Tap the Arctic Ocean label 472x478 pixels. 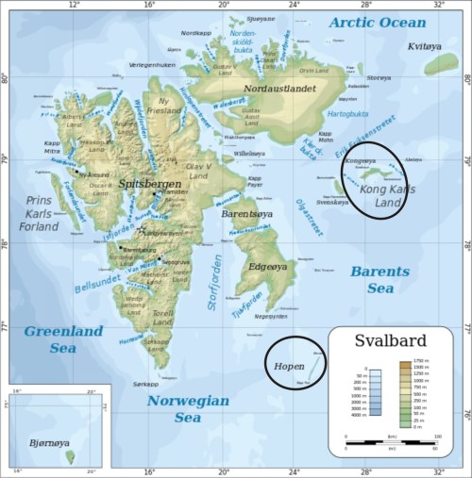[x=377, y=22]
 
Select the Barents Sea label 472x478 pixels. [x=380, y=279]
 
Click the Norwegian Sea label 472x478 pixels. [x=188, y=408]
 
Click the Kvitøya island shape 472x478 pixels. [x=439, y=64]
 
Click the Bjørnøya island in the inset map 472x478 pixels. [x=70, y=458]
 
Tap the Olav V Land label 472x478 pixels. [x=197, y=169]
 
